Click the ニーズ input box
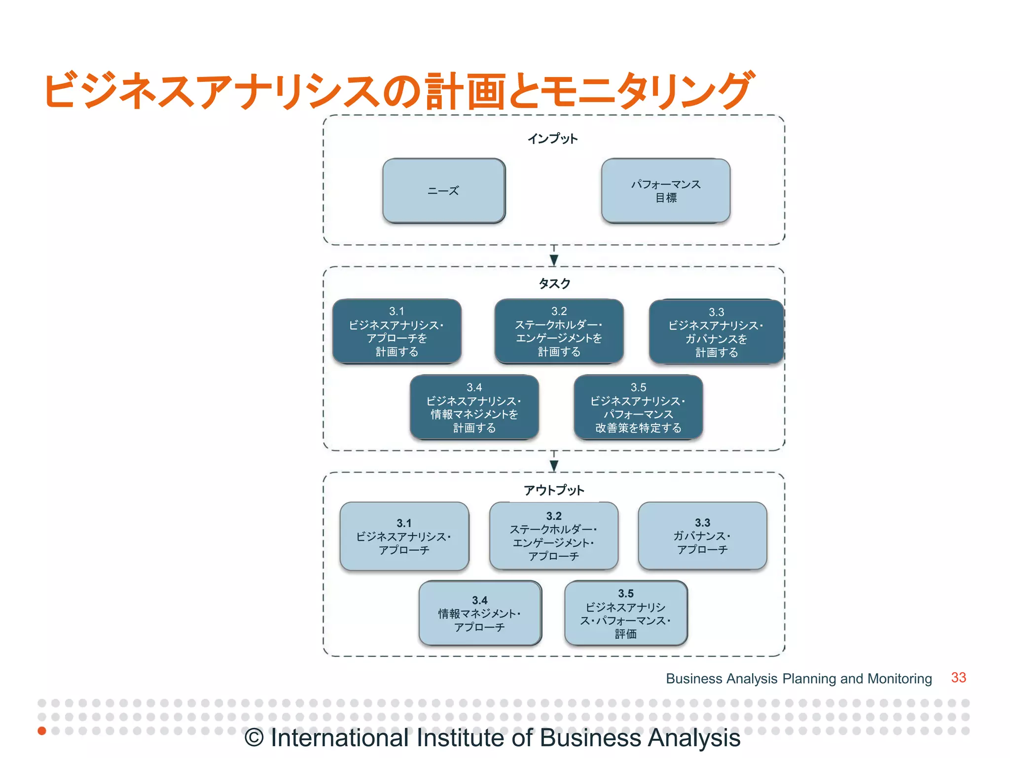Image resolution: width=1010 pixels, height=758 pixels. tap(444, 190)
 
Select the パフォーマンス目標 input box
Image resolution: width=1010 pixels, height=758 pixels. tap(665, 190)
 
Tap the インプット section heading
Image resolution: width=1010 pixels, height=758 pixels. tap(553, 139)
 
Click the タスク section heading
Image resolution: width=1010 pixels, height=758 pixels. tap(554, 283)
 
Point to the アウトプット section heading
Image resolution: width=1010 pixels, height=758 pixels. tap(554, 490)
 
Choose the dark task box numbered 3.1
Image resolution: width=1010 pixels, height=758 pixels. tap(397, 331)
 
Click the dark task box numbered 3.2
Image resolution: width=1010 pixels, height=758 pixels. tap(559, 331)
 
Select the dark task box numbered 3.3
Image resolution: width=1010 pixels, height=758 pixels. tap(716, 332)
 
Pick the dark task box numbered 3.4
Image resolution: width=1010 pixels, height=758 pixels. tap(474, 407)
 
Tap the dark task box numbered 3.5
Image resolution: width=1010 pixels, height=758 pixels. tap(638, 407)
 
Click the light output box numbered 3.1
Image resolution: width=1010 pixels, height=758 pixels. tap(404, 536)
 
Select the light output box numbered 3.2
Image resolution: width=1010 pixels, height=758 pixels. tap(553, 536)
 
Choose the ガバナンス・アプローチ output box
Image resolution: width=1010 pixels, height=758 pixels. tap(702, 536)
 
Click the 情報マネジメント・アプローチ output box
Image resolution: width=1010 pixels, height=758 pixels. tap(480, 613)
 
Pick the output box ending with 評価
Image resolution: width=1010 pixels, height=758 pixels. tap(626, 613)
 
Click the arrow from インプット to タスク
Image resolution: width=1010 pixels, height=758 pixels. tap(554, 258)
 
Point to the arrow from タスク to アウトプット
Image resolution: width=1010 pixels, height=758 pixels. tap(554, 463)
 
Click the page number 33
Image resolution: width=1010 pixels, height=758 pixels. tap(958, 678)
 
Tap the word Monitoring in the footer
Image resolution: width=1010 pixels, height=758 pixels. tap(900, 679)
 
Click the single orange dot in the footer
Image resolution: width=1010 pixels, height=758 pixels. tap(42, 730)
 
